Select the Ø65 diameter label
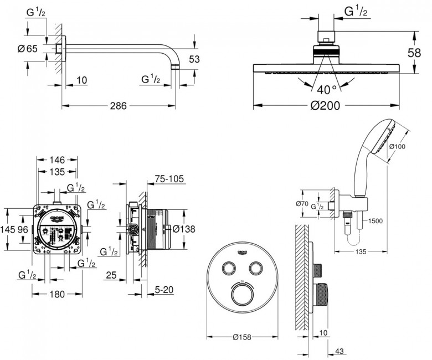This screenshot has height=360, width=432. click(27, 49)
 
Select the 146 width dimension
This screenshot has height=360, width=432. click(57, 161)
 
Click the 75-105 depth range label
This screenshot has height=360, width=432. click(169, 181)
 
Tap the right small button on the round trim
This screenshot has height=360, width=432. click(255, 269)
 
